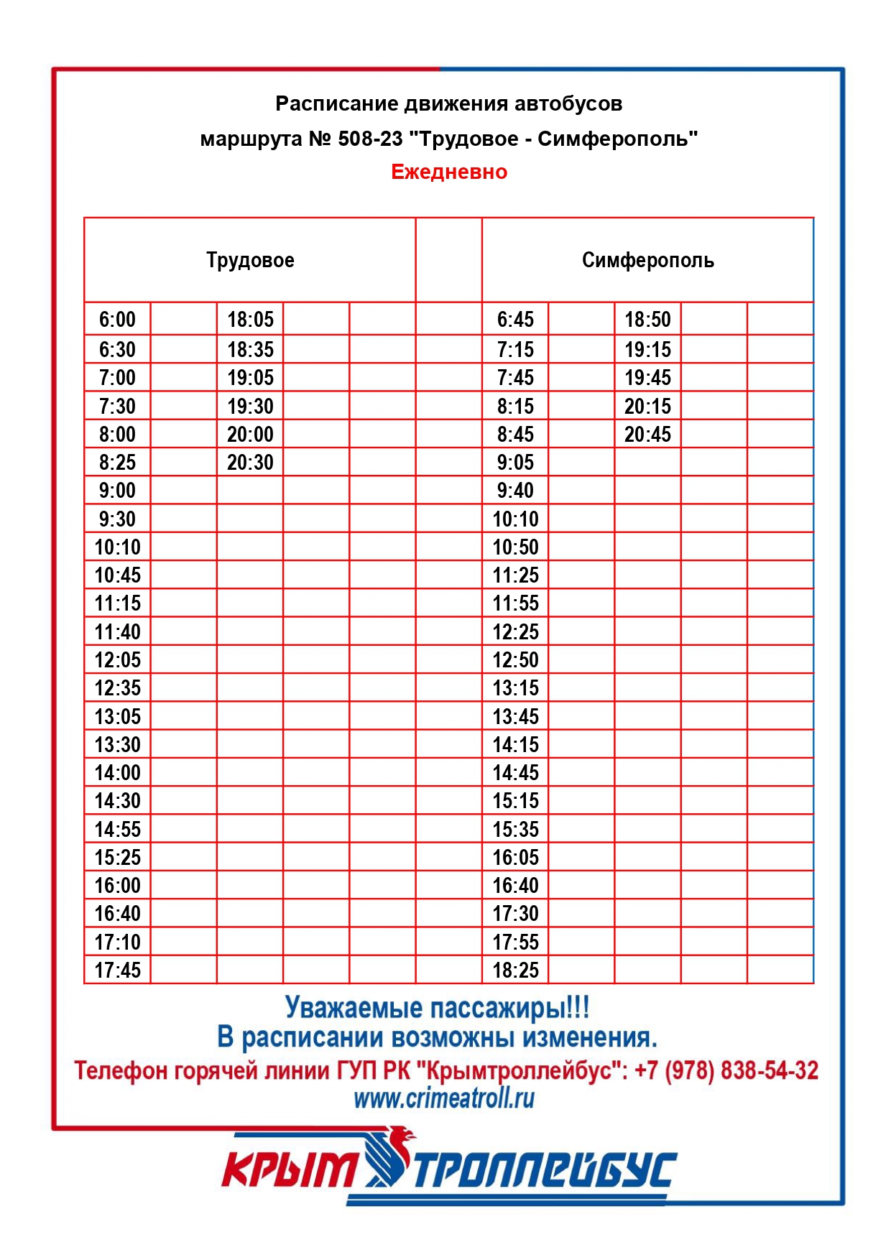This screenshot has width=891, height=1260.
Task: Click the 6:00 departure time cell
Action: (x=117, y=320)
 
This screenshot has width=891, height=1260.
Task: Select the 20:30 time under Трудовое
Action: (x=250, y=463)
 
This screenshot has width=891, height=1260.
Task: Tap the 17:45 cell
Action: (x=117, y=971)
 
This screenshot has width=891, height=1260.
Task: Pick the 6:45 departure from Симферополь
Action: (x=515, y=320)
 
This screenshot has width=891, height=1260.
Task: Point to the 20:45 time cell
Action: (x=647, y=435)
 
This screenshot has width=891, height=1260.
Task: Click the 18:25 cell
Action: (x=515, y=971)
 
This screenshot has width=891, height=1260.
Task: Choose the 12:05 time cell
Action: (x=117, y=660)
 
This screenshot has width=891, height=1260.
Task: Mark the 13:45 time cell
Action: (x=515, y=717)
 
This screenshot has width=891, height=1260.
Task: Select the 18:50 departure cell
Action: (x=647, y=320)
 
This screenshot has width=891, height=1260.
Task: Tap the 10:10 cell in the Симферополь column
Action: (x=515, y=519)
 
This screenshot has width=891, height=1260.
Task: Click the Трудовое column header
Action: (x=250, y=260)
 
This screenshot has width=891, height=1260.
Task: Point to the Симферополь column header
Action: (x=647, y=260)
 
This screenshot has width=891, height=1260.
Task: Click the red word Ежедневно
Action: (x=449, y=172)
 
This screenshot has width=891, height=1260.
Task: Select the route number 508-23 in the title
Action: (x=370, y=139)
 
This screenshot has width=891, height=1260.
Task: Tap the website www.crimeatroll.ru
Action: (x=444, y=1098)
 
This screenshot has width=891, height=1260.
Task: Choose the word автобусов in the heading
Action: (x=568, y=104)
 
